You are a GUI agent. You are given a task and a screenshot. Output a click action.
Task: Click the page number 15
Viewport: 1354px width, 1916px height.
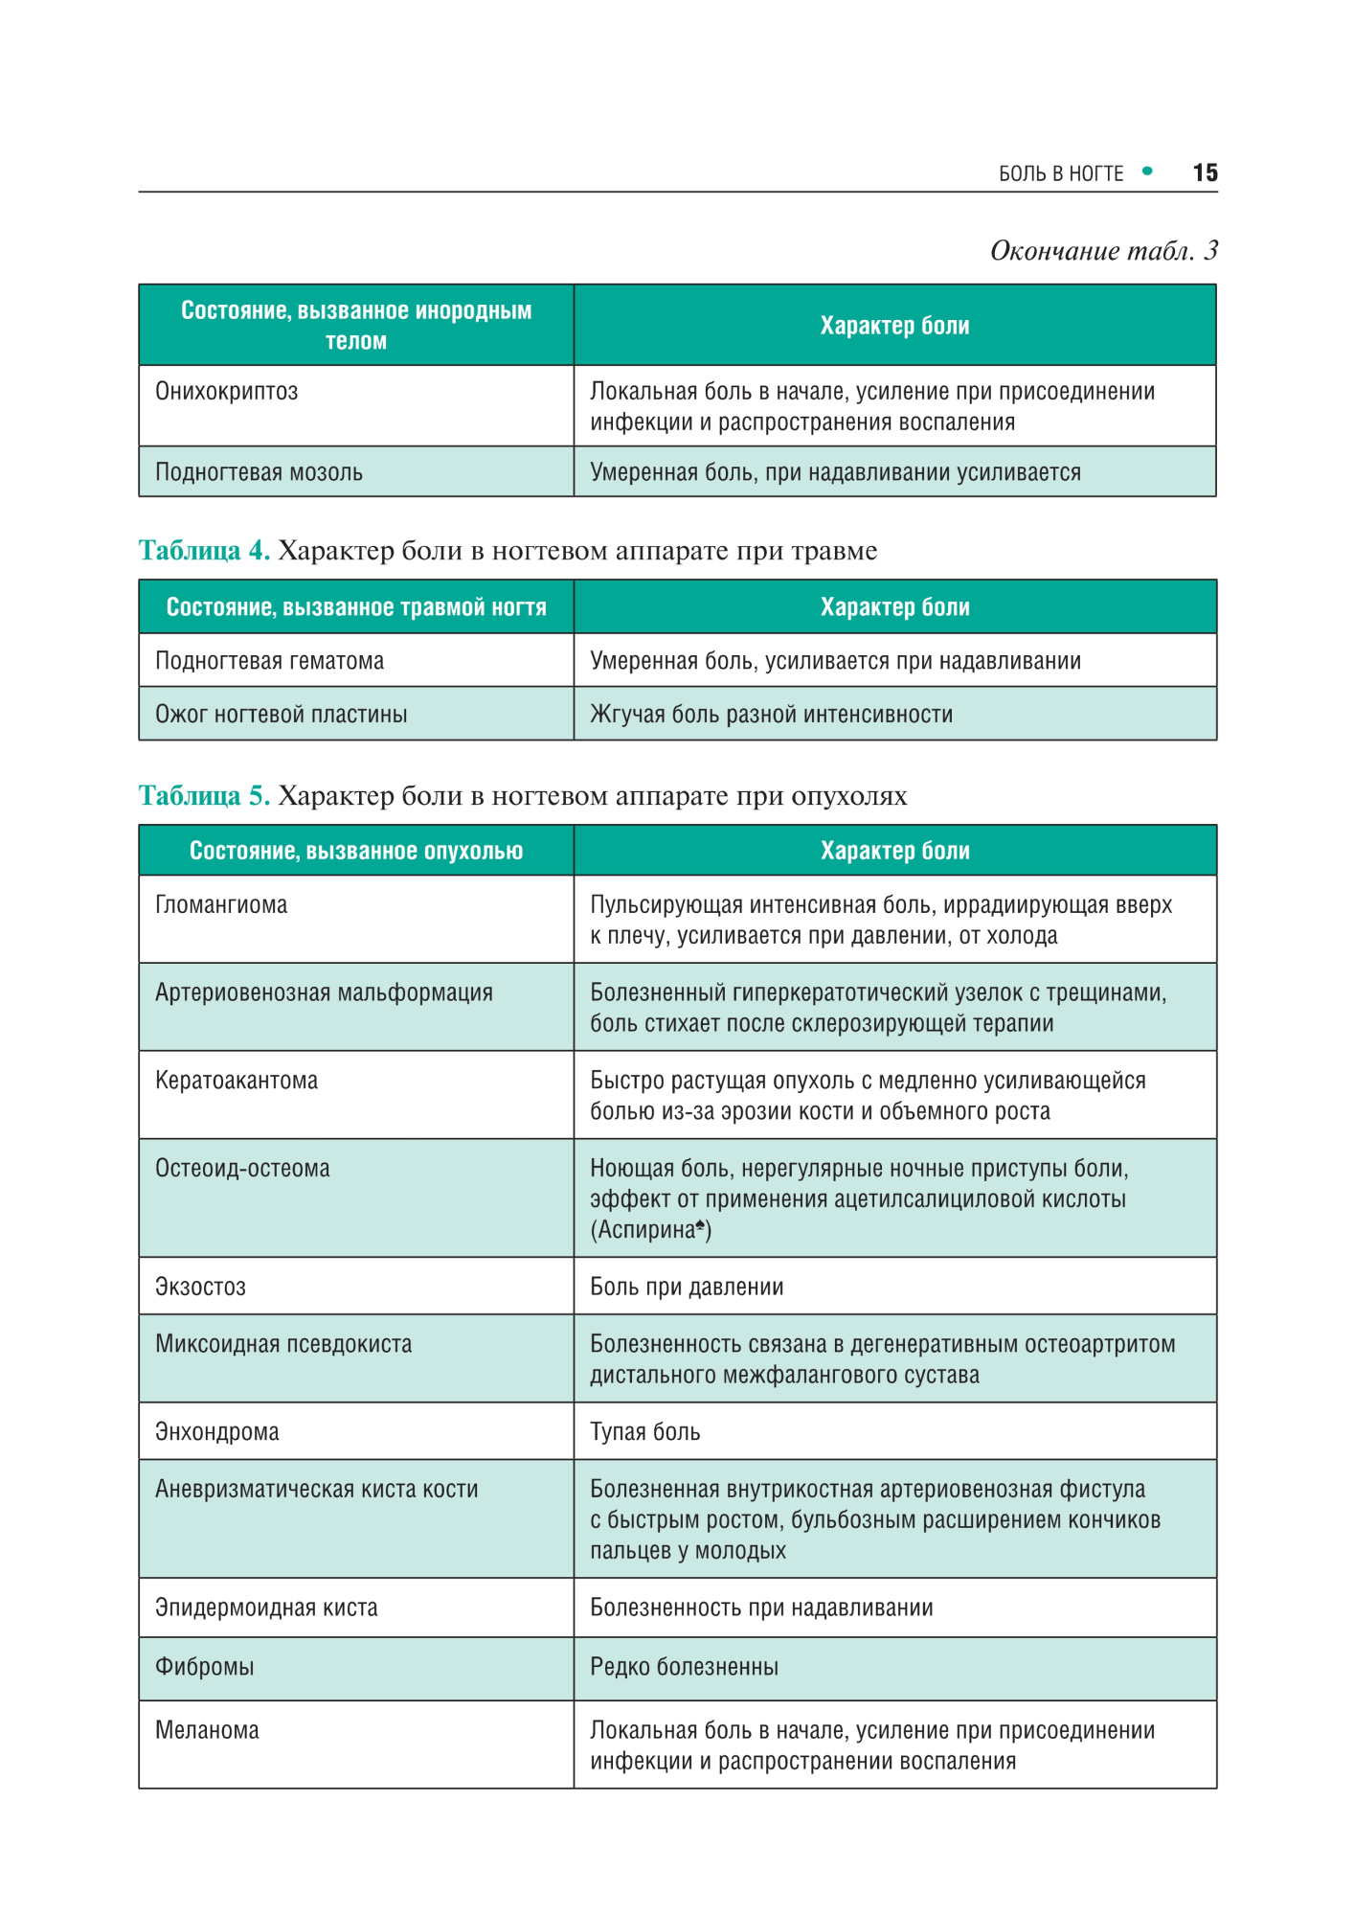pos(1205,172)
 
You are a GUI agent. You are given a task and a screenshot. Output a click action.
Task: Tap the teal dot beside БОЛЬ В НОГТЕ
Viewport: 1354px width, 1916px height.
pos(1147,171)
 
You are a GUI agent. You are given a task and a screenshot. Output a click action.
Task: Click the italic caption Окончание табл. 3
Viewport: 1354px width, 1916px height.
pos(1103,251)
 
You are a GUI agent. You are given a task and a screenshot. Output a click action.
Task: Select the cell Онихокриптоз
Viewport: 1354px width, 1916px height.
pos(227,392)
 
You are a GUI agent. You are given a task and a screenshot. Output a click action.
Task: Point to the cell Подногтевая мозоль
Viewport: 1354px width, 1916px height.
pos(259,472)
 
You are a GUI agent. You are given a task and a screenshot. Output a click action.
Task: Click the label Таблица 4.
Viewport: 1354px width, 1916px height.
pos(204,551)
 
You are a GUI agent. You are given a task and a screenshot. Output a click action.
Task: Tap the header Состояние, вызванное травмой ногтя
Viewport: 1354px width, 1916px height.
pos(356,607)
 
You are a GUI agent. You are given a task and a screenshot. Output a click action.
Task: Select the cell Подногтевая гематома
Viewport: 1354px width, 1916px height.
pos(269,661)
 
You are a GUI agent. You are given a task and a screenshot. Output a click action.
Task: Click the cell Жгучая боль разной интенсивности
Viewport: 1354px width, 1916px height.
pos(771,715)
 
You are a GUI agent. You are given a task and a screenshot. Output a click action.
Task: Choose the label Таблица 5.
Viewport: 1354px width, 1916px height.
pos(204,796)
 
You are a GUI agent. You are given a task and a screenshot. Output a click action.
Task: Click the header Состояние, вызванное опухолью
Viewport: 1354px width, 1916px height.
pos(356,851)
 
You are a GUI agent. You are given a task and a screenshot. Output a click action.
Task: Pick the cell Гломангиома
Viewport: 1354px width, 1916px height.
pos(221,905)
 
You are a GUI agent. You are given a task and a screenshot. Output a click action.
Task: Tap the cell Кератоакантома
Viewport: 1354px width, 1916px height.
pos(237,1081)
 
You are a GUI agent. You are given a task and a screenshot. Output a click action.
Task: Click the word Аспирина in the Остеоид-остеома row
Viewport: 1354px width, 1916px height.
pos(646,1230)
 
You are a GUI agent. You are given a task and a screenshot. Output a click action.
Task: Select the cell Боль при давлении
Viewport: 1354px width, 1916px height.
pos(687,1287)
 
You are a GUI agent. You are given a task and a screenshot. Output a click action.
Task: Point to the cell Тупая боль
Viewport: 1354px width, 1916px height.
pos(644,1432)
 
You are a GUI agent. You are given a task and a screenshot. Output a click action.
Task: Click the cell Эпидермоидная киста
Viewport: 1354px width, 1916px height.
pos(266,1608)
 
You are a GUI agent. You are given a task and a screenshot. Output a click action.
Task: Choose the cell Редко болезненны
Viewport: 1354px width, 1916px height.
pos(684,1667)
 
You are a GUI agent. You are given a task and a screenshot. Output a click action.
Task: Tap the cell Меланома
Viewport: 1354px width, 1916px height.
pos(207,1730)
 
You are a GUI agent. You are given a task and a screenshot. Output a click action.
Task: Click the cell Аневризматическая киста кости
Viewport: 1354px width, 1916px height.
pos(316,1490)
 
